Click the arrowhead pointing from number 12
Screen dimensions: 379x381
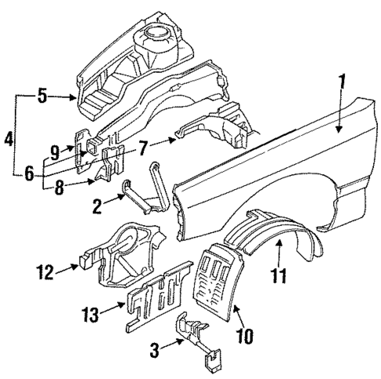coord(77,267)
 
